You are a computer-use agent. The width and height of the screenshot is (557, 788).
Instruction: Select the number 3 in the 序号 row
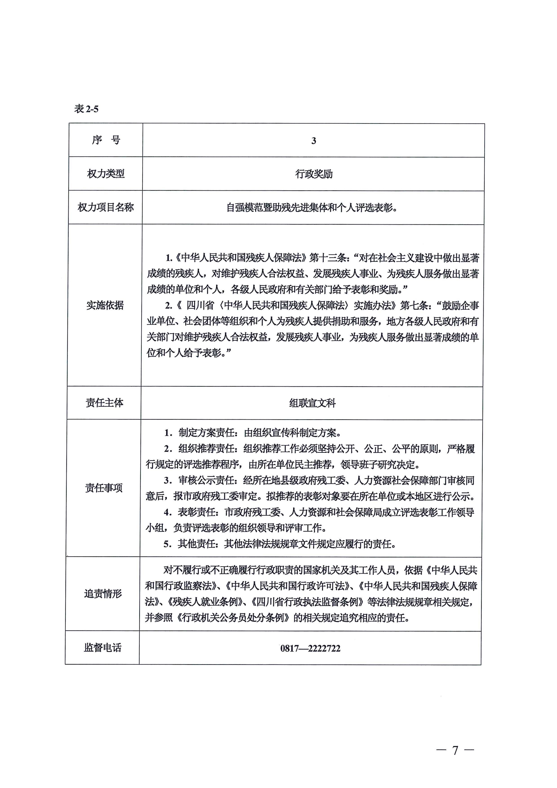(x=314, y=141)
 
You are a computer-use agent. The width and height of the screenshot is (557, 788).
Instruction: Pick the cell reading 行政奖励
(x=314, y=174)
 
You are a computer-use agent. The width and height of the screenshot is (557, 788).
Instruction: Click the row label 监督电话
(x=103, y=648)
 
